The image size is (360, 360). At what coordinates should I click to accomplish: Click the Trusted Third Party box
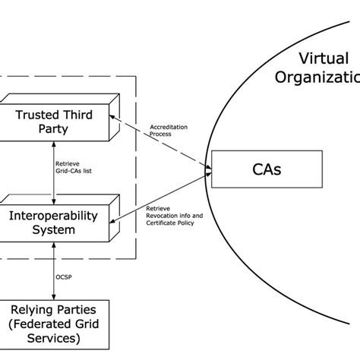pos(53,122)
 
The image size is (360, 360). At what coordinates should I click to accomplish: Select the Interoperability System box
pos(53,222)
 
